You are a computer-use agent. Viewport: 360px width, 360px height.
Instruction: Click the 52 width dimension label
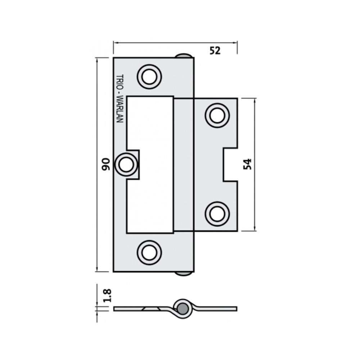click(x=215, y=51)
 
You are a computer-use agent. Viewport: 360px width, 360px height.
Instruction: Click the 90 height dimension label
click(x=105, y=164)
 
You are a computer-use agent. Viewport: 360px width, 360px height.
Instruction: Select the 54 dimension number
click(x=247, y=164)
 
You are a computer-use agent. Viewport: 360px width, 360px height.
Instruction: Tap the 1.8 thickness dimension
click(x=107, y=295)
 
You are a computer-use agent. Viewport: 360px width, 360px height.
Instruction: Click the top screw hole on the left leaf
click(x=149, y=76)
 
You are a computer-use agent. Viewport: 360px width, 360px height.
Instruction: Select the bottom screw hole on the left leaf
click(x=149, y=252)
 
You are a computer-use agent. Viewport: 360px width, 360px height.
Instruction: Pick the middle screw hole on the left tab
click(x=126, y=165)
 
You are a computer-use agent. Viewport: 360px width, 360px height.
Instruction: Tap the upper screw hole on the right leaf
click(x=217, y=115)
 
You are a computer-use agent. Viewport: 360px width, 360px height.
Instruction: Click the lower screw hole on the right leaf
click(x=217, y=214)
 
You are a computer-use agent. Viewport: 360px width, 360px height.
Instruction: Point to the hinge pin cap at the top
click(x=184, y=55)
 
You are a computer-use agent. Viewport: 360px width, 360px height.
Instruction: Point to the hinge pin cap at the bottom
click(x=184, y=274)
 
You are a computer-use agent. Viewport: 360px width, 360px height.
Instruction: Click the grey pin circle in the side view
click(x=183, y=308)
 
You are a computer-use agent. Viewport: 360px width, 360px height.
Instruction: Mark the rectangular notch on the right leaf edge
click(x=230, y=165)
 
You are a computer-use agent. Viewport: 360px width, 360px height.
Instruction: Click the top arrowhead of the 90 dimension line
click(x=97, y=60)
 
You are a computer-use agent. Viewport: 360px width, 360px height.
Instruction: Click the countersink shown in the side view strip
click(x=150, y=309)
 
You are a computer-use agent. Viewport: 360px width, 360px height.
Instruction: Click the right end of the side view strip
click(x=236, y=309)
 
